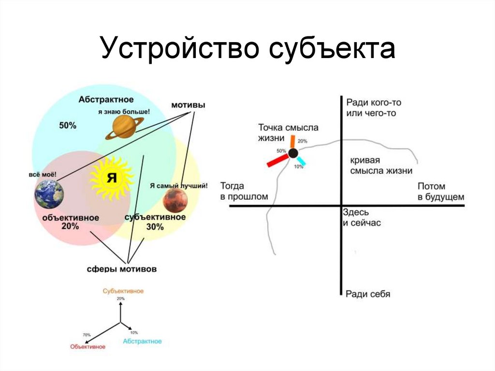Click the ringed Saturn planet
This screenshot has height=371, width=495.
coord(125,127)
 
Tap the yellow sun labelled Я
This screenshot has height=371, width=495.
coord(111,178)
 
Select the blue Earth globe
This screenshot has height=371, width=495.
coord(49,194)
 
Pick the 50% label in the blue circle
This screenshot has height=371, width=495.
coord(68,125)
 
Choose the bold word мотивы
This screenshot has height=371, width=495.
coord(188,105)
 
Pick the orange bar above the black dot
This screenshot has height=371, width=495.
coord(292,141)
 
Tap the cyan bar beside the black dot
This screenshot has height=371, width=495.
coord(301,162)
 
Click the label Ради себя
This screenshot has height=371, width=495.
coord(368,294)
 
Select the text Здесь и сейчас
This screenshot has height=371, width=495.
coord(362,218)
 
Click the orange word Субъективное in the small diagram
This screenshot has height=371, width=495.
coord(123,291)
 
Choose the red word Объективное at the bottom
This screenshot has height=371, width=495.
coord(87,346)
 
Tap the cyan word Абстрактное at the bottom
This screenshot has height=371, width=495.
coord(142,341)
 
